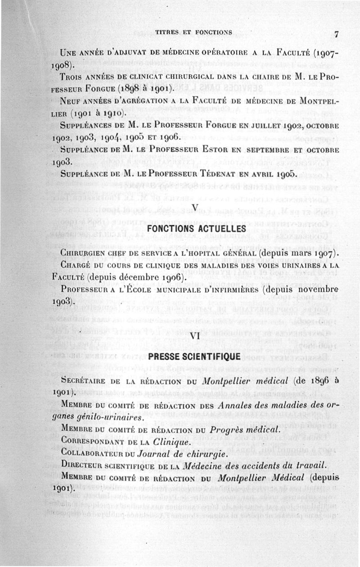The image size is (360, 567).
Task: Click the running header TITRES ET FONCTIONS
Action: [193, 32]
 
